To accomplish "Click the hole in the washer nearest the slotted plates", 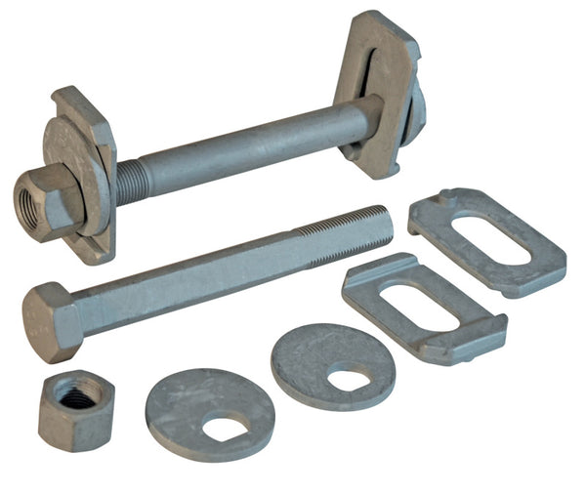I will (348, 379).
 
